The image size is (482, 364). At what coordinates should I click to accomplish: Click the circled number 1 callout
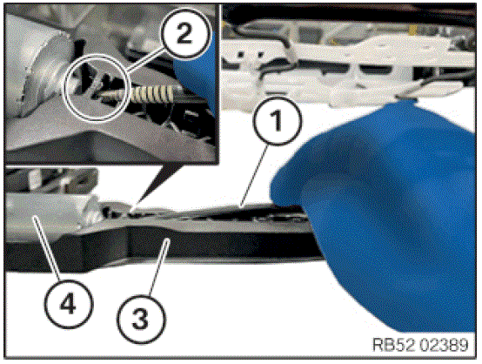pyautogui.click(x=277, y=120)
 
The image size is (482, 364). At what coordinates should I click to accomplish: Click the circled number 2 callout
pyautogui.click(x=184, y=34)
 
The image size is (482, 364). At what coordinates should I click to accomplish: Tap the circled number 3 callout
pyautogui.click(x=141, y=319)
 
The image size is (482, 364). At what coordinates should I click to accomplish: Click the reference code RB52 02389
pyautogui.click(x=420, y=344)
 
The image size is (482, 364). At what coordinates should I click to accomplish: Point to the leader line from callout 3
pyautogui.click(x=159, y=267)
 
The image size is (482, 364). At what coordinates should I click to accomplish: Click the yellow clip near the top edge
pyautogui.click(x=413, y=30)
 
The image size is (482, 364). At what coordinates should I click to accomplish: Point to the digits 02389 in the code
pyautogui.click(x=444, y=344)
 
